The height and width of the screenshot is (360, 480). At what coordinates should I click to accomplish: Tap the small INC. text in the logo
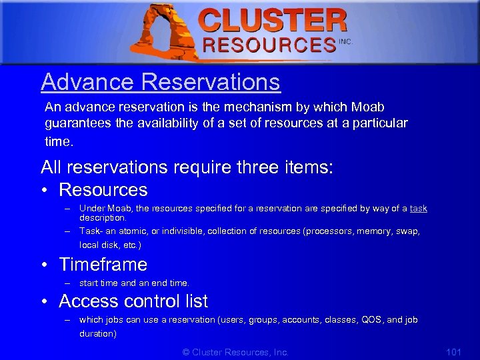(x=345, y=41)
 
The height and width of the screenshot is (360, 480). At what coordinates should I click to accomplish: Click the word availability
(x=193, y=123)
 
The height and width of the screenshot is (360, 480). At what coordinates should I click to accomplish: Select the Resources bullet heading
(x=103, y=189)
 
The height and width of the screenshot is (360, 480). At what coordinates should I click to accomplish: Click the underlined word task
(x=418, y=209)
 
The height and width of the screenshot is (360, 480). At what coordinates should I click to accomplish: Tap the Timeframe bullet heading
(x=103, y=264)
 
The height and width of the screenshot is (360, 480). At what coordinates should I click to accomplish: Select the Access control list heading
(x=133, y=301)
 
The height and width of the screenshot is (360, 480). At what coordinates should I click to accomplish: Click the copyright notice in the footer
(x=235, y=352)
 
